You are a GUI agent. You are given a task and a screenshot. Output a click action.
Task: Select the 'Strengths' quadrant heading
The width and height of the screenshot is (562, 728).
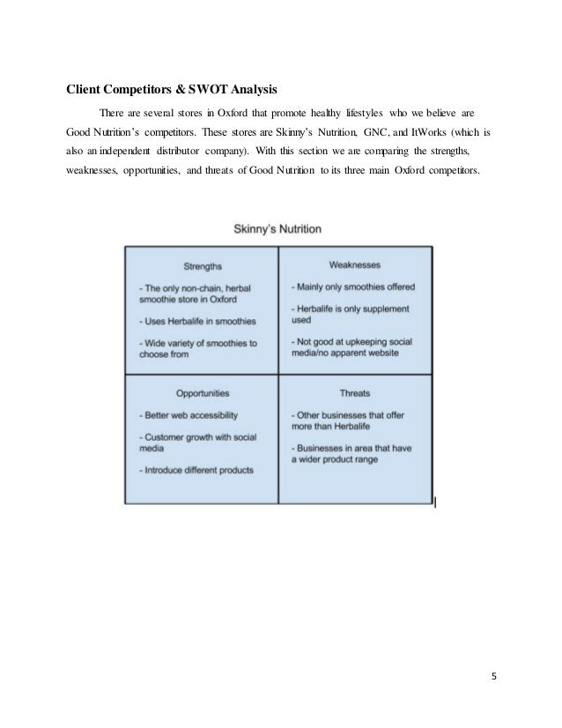[202, 265]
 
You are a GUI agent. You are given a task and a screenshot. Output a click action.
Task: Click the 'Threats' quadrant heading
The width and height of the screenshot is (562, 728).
[354, 393]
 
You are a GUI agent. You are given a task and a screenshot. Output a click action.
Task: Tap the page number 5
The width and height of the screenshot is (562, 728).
[493, 677]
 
